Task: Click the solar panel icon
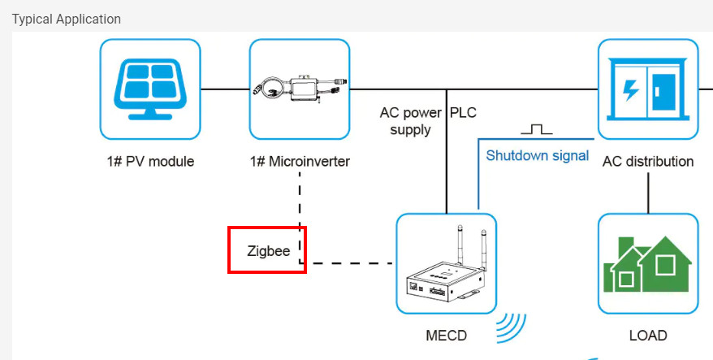[x=149, y=89]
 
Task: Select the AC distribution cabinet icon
[x=647, y=89]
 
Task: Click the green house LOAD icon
[x=647, y=263]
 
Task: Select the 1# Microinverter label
[x=299, y=161]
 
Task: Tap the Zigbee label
[x=269, y=251]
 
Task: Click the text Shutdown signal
[x=537, y=155]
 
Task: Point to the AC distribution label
[x=647, y=161]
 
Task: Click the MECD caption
[x=447, y=335]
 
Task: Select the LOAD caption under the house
[x=647, y=335]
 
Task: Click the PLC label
[x=465, y=112]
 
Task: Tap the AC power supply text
[x=410, y=121]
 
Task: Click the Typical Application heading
[x=67, y=19]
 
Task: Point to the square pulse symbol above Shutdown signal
[x=536, y=129]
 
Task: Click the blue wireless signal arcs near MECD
[x=510, y=327]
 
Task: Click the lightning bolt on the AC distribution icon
[x=629, y=89]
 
